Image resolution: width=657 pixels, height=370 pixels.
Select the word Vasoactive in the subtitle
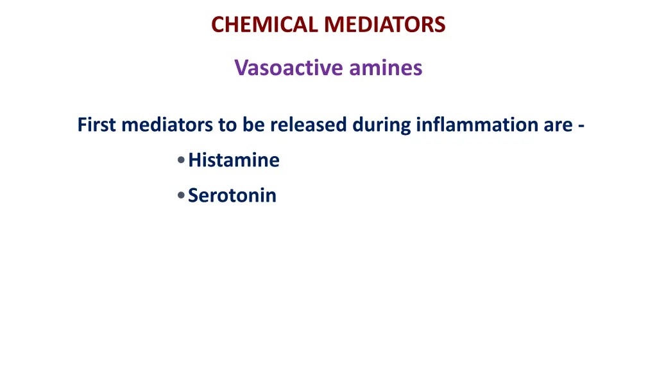280,67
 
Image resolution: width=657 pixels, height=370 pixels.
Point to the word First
96,124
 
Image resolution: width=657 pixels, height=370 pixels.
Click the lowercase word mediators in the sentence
167,124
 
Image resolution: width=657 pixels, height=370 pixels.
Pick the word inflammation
477,124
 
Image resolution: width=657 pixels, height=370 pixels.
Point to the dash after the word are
580,125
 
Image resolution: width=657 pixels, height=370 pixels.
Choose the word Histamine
234,160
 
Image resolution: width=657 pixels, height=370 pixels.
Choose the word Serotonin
232,195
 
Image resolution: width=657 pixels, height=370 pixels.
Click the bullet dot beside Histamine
182,160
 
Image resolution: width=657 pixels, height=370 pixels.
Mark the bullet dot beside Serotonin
182,195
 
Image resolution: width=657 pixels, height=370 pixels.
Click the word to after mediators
228,124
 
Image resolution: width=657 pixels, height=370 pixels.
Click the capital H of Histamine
194,160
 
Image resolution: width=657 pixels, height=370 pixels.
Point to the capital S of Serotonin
193,195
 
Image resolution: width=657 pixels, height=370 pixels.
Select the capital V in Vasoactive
241,67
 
